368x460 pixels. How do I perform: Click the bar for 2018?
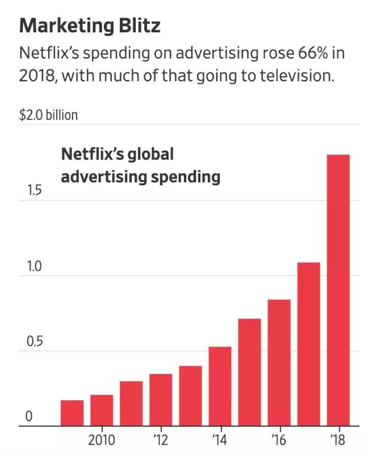tap(338, 290)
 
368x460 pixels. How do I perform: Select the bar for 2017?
tap(309, 344)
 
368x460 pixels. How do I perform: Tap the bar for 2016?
tap(279, 363)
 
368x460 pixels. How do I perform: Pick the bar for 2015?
tap(249, 372)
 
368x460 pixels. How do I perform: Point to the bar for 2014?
tap(220, 386)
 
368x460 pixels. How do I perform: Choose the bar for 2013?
tap(190, 396)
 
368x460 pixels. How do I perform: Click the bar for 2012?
tap(161, 400)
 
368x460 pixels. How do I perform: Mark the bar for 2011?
tap(131, 404)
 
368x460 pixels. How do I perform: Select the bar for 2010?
tap(102, 410)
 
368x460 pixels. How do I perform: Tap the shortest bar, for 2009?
tap(72, 413)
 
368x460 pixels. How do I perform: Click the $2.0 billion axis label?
tap(48, 115)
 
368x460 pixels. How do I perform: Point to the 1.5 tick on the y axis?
tap(34, 191)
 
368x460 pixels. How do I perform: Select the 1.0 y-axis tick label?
tap(34, 267)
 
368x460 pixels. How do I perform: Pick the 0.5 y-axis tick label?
tap(34, 342)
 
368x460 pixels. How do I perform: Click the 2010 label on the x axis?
tap(102, 441)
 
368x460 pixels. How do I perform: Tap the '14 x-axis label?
tap(220, 441)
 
